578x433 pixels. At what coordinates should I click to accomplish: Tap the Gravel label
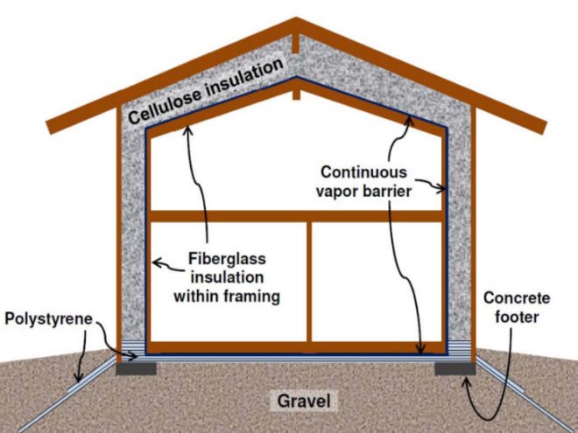click(x=304, y=401)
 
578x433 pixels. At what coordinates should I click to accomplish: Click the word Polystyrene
click(x=48, y=319)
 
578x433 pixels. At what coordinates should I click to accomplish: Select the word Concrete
click(x=517, y=298)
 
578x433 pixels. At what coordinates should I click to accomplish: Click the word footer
click(x=517, y=317)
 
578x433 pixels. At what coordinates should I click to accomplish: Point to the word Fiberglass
click(x=227, y=259)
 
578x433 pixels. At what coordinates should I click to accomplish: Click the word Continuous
click(x=363, y=172)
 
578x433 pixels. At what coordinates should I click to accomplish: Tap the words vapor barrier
click(x=363, y=192)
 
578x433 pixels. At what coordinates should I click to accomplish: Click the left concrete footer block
click(x=137, y=368)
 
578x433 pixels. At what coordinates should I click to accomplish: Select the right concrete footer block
click(x=455, y=368)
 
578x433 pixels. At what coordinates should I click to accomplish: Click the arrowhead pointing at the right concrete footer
click(x=467, y=383)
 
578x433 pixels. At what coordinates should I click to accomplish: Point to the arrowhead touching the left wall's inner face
click(x=156, y=262)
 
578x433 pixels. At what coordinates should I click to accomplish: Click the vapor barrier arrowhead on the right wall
click(x=441, y=189)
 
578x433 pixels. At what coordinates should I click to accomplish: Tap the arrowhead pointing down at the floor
click(x=421, y=348)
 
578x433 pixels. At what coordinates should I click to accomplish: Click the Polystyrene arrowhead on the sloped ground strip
click(x=78, y=377)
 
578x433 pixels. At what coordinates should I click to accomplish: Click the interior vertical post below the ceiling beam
click(x=309, y=282)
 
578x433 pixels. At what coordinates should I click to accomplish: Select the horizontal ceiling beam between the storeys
click(x=296, y=216)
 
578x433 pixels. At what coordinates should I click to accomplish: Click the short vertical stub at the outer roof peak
click(x=296, y=44)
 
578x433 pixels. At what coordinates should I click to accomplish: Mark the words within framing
click(x=227, y=297)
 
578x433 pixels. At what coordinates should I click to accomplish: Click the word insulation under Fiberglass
click(x=227, y=277)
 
